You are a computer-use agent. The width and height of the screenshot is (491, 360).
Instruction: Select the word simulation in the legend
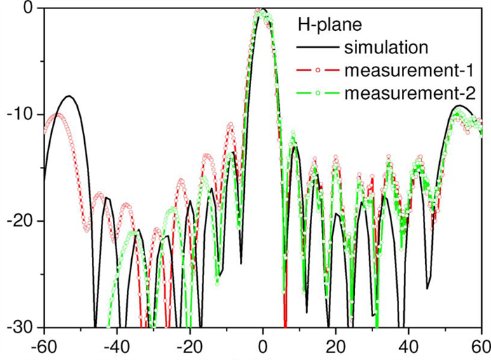coord(386,48)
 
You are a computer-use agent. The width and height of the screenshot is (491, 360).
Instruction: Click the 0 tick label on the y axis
coord(29,9)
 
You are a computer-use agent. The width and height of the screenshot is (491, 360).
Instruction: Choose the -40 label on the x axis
coord(116,347)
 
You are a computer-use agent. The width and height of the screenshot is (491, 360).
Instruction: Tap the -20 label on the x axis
coord(189,347)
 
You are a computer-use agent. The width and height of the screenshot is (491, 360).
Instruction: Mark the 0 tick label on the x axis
coord(263,347)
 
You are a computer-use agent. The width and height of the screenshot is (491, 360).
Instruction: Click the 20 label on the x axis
coord(336,347)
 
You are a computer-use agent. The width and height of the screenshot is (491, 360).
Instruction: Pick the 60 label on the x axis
coord(479,347)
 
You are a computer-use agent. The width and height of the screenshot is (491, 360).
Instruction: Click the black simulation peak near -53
coord(69,96)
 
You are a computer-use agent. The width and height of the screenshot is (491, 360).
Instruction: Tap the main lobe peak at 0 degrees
coord(262,11)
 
